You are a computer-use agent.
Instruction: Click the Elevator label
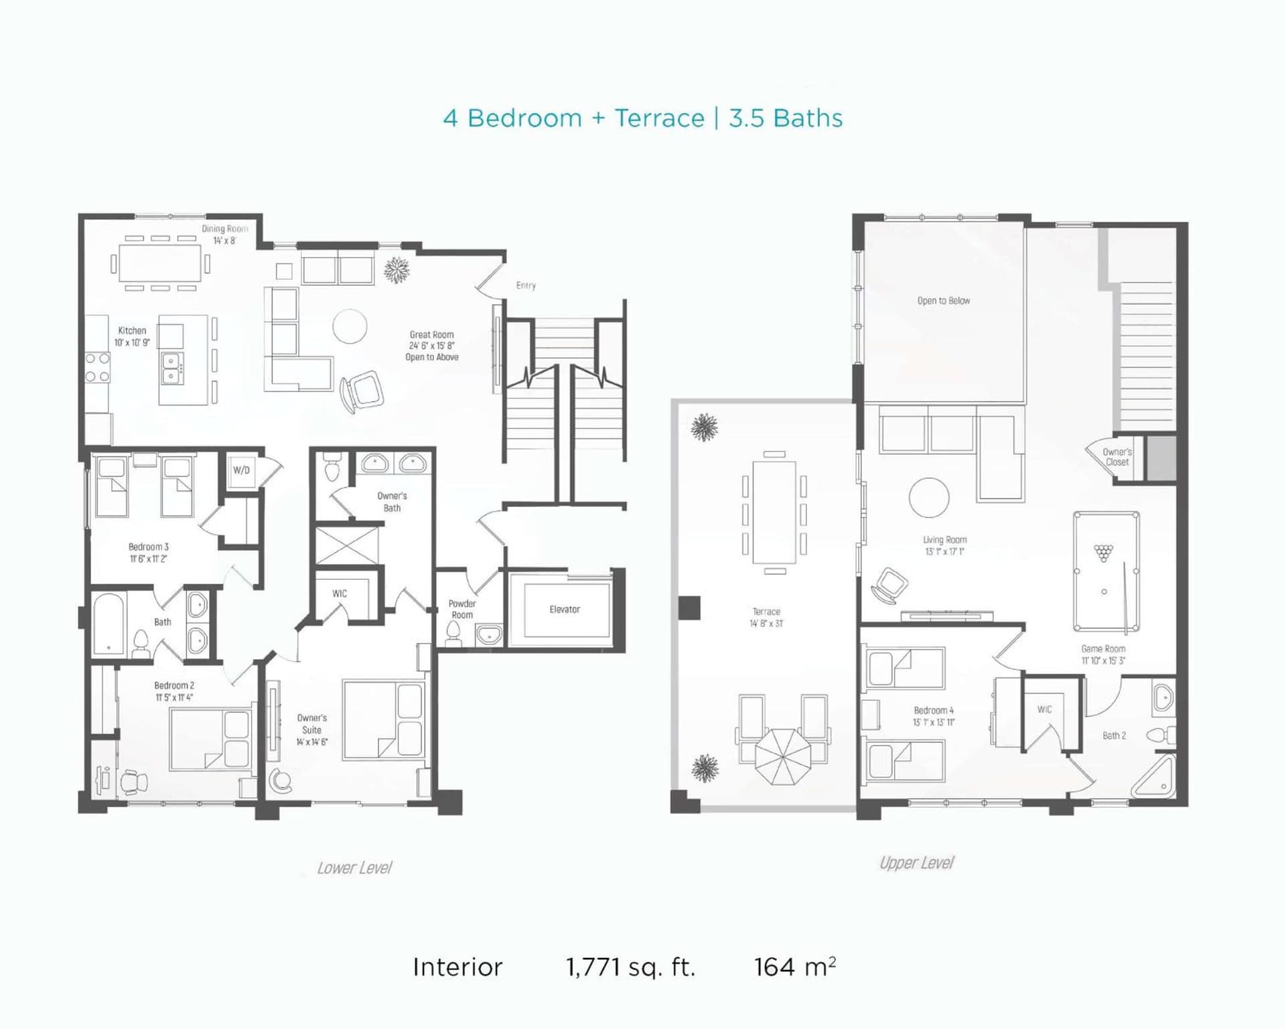tap(565, 610)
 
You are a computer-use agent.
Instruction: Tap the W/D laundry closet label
tap(241, 470)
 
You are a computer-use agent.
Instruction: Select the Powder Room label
tap(462, 610)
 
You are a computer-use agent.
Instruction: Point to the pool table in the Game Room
tap(1106, 571)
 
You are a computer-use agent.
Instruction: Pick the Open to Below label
tap(944, 301)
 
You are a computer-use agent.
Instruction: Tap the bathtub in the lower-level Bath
tap(109, 624)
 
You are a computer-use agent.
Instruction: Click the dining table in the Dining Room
tap(160, 263)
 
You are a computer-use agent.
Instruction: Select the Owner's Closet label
tap(1117, 457)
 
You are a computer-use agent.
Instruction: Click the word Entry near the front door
tap(526, 285)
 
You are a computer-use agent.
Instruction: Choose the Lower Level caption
tap(354, 868)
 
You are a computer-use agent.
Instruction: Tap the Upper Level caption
tap(916, 863)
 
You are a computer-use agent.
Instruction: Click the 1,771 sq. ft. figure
tap(630, 967)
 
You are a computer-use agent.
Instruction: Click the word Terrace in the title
tap(660, 119)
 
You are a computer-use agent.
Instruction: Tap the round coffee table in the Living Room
tap(929, 498)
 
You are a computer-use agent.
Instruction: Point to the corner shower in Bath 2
tap(1153, 777)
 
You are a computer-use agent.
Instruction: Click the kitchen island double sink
tap(173, 368)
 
